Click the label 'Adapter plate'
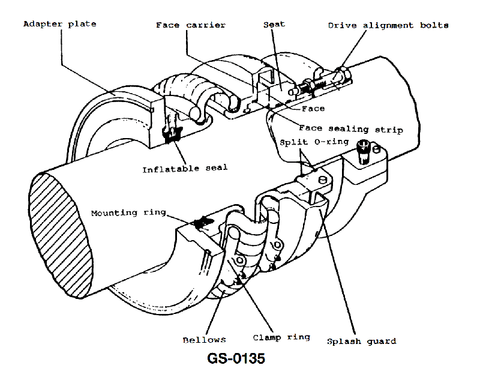(59, 24)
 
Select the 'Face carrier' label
(190, 25)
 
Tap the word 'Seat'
(274, 25)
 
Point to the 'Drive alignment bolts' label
(388, 25)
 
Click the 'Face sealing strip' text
(350, 129)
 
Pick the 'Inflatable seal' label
(185, 168)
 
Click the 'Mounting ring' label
(128, 213)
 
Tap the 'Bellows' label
(205, 340)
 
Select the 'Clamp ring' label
(281, 337)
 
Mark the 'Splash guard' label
(361, 341)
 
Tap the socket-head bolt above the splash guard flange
(363, 150)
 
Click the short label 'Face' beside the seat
(313, 109)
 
